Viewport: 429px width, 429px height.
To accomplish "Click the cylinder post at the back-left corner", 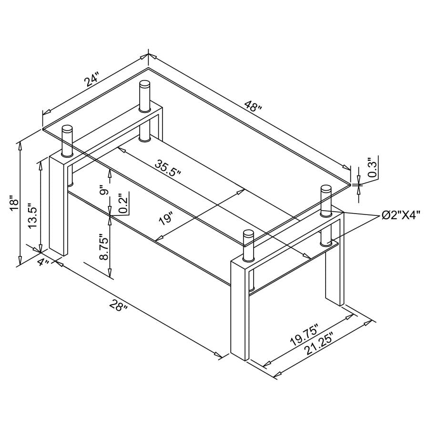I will click(144, 97).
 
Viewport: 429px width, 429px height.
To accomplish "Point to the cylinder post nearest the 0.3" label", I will click(326, 199).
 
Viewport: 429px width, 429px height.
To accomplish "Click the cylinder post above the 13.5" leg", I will click(68, 141).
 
